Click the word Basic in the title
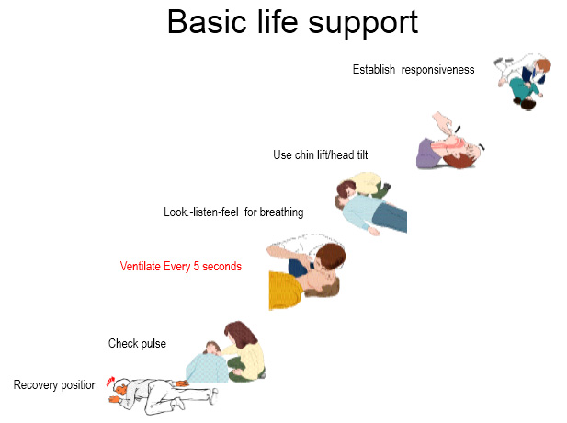tap(207, 22)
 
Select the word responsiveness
tap(438, 70)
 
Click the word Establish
tap(374, 69)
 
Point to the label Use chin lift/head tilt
tap(321, 154)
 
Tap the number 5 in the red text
tap(197, 267)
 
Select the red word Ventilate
tap(141, 267)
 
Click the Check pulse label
tap(138, 343)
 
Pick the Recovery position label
tap(55, 384)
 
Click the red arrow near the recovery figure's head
tap(110, 382)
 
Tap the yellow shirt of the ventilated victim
tap(285, 291)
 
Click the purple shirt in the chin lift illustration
tap(428, 154)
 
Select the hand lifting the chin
tap(442, 122)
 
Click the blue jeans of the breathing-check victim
tap(391, 217)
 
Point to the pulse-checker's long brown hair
tap(240, 335)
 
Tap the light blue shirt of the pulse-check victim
tap(206, 369)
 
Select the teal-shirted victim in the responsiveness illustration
tap(524, 92)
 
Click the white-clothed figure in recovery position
tap(163, 396)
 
